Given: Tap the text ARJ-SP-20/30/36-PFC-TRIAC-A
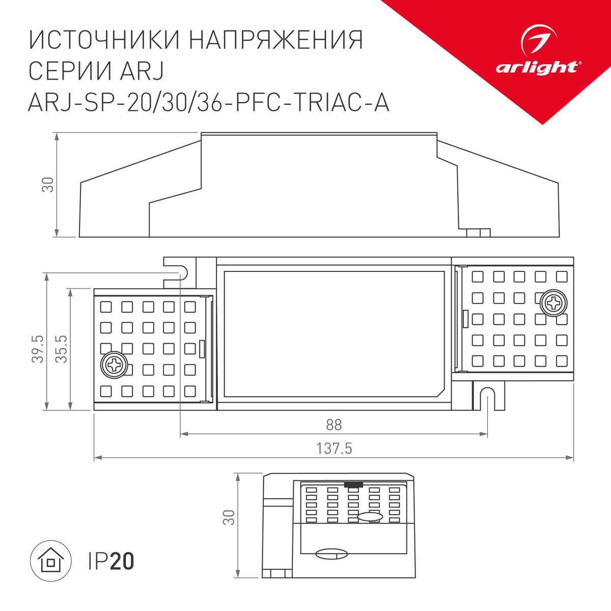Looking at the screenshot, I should [x=209, y=102].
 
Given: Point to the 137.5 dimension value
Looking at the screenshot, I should [x=335, y=449].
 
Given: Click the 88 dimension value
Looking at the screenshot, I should [x=334, y=424].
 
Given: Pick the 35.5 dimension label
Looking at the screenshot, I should [x=62, y=349].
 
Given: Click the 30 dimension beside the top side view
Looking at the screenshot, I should [x=47, y=185].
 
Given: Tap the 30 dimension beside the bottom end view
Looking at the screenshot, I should [x=230, y=517].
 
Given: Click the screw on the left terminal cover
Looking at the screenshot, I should [x=114, y=365].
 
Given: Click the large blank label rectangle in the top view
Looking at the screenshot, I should [x=334, y=334].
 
